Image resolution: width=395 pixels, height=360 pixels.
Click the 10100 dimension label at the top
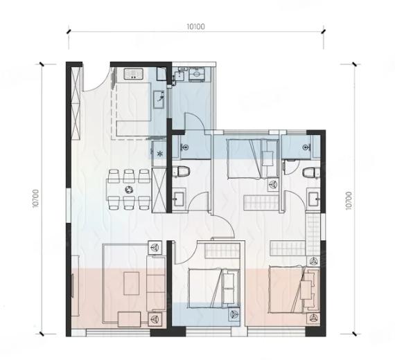pyautogui.click(x=195, y=26)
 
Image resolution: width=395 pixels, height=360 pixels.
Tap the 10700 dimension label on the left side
pyautogui.click(x=36, y=199)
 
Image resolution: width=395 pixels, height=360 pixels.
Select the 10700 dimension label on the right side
pyautogui.click(x=348, y=201)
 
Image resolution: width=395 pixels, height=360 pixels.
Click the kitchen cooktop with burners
pyautogui.click(x=134, y=73)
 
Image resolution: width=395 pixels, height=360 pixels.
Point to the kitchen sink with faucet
pyautogui.click(x=159, y=99)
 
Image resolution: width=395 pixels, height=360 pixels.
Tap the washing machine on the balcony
pyautogui.click(x=197, y=74)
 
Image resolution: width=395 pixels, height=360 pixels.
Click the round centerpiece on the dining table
pyautogui.click(x=129, y=189)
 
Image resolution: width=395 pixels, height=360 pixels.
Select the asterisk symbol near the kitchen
pyautogui.click(x=159, y=153)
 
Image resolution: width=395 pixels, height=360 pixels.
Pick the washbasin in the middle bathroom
pyautogui.click(x=179, y=199)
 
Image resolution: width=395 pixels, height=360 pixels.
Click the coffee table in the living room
pyautogui.click(x=131, y=283)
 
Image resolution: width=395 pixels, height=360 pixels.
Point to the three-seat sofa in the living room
pyautogui.click(x=156, y=284)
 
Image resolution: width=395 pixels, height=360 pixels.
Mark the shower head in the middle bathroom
pyautogui.click(x=186, y=147)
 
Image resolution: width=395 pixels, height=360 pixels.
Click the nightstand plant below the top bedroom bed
pyautogui.click(x=272, y=185)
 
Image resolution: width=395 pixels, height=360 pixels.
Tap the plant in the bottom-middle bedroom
pyautogui.click(x=234, y=314)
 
